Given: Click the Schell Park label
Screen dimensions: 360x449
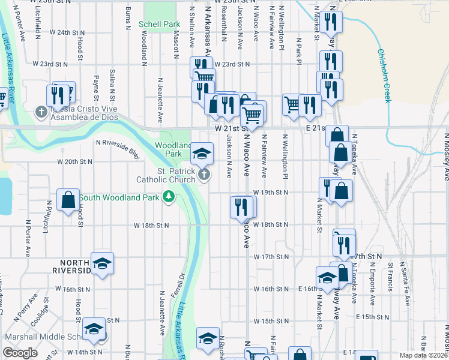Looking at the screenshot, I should (159, 25).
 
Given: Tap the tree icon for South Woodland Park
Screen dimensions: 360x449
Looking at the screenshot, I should (170, 197).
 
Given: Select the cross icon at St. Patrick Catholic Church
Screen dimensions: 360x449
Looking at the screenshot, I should (204, 175).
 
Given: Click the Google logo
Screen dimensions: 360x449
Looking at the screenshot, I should (20, 353).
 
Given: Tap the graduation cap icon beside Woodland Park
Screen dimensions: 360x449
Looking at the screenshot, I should (202, 154).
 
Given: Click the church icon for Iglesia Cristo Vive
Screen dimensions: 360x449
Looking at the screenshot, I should (41, 112).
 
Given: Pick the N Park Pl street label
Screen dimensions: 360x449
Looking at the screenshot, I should (298, 50).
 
